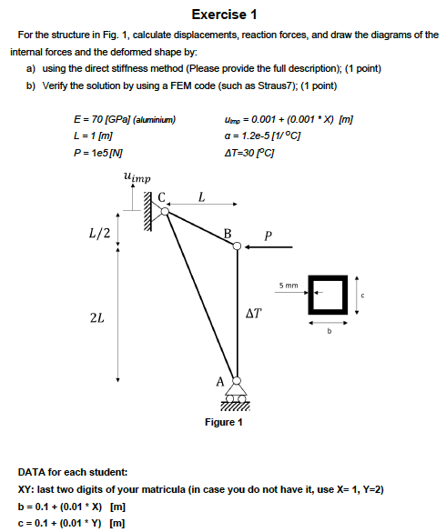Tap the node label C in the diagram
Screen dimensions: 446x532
pyautogui.click(x=162, y=196)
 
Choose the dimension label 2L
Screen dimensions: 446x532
pyautogui.click(x=96, y=319)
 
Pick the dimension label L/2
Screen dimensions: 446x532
pyautogui.click(x=100, y=233)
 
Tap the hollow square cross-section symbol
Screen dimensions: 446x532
pyautogui.click(x=329, y=291)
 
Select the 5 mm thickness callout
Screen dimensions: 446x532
pyautogui.click(x=289, y=286)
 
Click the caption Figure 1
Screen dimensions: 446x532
pyautogui.click(x=224, y=422)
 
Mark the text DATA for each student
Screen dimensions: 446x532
pyautogui.click(x=73, y=473)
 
